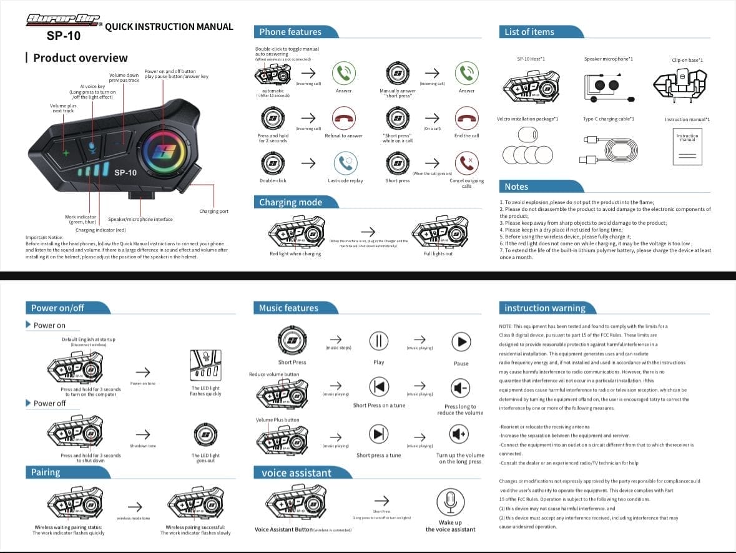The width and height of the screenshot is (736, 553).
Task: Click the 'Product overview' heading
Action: click(80, 58)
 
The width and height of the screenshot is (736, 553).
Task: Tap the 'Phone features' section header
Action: click(290, 32)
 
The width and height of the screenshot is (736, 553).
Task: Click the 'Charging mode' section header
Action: click(291, 202)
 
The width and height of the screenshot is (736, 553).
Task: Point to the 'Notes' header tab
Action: click(516, 187)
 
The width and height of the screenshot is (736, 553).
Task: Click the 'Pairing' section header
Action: click(46, 472)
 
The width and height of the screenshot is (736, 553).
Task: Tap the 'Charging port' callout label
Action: click(213, 212)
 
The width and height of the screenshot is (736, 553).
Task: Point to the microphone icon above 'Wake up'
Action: click(449, 501)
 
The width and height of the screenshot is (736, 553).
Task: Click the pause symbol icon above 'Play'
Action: click(379, 341)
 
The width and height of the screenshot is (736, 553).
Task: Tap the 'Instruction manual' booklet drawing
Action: click(687, 147)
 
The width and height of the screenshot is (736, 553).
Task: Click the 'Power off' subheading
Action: click(49, 403)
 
